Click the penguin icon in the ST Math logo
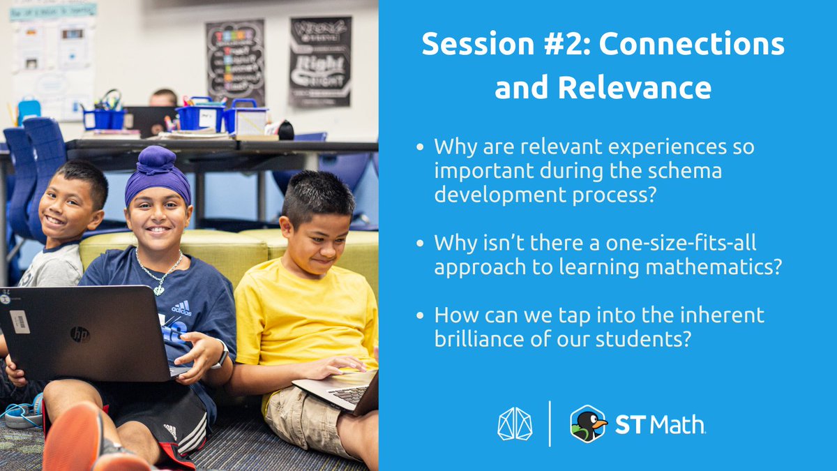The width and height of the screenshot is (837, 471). (x=587, y=424)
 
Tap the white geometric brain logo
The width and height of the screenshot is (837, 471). (x=515, y=424)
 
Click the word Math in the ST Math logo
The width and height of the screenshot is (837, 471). (x=680, y=424)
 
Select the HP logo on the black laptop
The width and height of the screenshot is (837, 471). (x=80, y=334)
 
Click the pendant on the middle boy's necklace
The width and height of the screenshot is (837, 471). (x=159, y=289)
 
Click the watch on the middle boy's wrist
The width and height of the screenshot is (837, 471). (x=221, y=355)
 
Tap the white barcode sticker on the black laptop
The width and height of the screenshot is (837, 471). (x=20, y=321)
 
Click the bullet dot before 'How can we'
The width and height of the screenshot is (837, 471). (x=419, y=316)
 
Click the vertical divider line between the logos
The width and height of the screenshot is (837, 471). (x=550, y=424)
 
